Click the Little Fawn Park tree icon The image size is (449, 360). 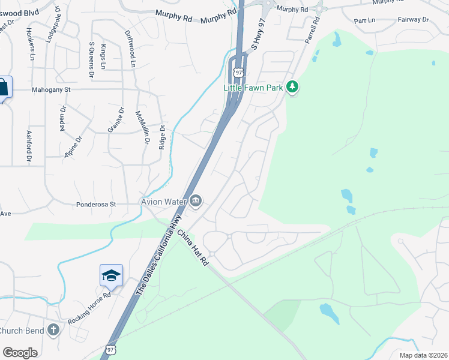pyautogui.click(x=292, y=88)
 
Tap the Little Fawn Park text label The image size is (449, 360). pyautogui.click(x=253, y=88)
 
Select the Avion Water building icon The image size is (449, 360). pyautogui.click(x=196, y=202)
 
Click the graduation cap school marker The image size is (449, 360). pyautogui.click(x=111, y=275)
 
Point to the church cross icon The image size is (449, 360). pyautogui.click(x=53, y=329)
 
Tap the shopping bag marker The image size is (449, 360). pyautogui.click(x=3, y=88)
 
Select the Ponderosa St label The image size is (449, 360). pyautogui.click(x=100, y=204)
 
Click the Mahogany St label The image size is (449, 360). pyautogui.click(x=51, y=90)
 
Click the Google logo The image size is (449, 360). pyautogui.click(x=20, y=353)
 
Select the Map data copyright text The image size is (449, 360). pyautogui.click(x=423, y=355)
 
